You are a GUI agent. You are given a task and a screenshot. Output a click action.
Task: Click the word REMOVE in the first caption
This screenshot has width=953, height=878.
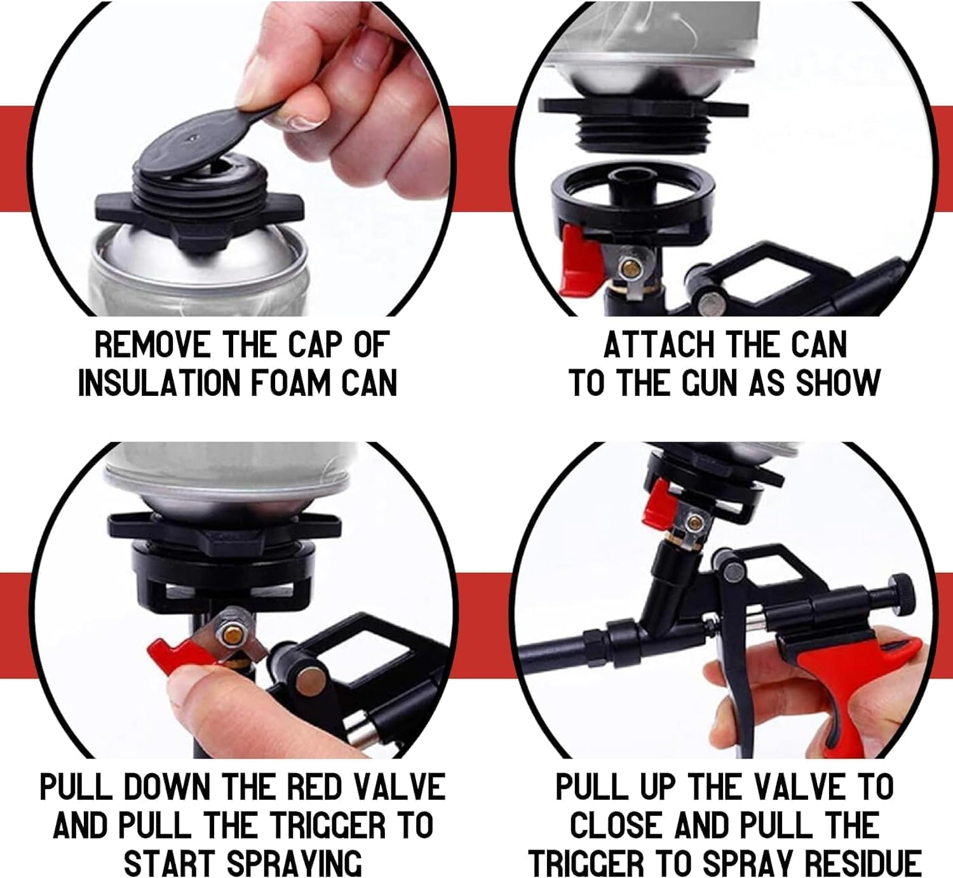tap(152, 346)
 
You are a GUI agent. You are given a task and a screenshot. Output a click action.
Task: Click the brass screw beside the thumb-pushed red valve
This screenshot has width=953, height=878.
tap(230, 631)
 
